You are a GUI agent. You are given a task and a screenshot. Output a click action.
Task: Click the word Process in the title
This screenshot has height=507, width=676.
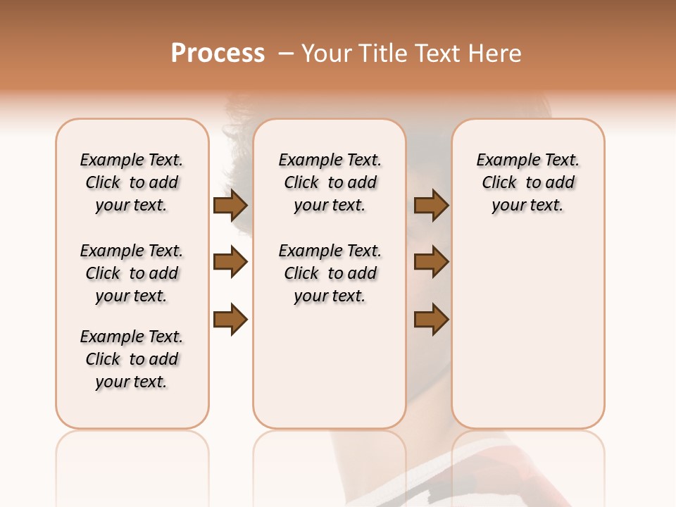tap(218, 54)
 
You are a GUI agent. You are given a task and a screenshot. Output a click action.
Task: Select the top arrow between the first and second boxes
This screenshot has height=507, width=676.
tap(230, 205)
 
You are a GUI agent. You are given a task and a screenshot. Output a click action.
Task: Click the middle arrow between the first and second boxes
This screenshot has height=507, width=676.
tap(230, 263)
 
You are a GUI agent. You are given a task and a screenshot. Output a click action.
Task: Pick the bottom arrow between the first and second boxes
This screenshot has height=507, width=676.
tap(230, 320)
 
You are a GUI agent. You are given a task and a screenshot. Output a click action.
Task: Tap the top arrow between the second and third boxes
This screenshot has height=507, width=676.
tap(431, 205)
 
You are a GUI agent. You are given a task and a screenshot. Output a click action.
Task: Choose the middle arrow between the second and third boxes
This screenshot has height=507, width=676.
tap(431, 263)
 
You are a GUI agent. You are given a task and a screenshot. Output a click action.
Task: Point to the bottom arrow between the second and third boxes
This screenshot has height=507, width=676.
tap(431, 320)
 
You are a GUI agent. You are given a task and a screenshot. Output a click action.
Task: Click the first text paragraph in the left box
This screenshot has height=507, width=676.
tap(132, 182)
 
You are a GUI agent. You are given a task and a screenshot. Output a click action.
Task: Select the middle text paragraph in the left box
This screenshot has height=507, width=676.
tap(132, 273)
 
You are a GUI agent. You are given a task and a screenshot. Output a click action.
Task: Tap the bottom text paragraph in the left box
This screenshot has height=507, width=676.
tap(132, 359)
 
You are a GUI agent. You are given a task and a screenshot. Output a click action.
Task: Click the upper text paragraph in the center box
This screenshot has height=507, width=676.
tap(330, 182)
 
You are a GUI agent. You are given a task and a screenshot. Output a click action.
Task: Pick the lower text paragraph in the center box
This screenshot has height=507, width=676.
tap(330, 273)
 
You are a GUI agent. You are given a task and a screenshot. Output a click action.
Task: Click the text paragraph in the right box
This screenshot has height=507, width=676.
tap(528, 182)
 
